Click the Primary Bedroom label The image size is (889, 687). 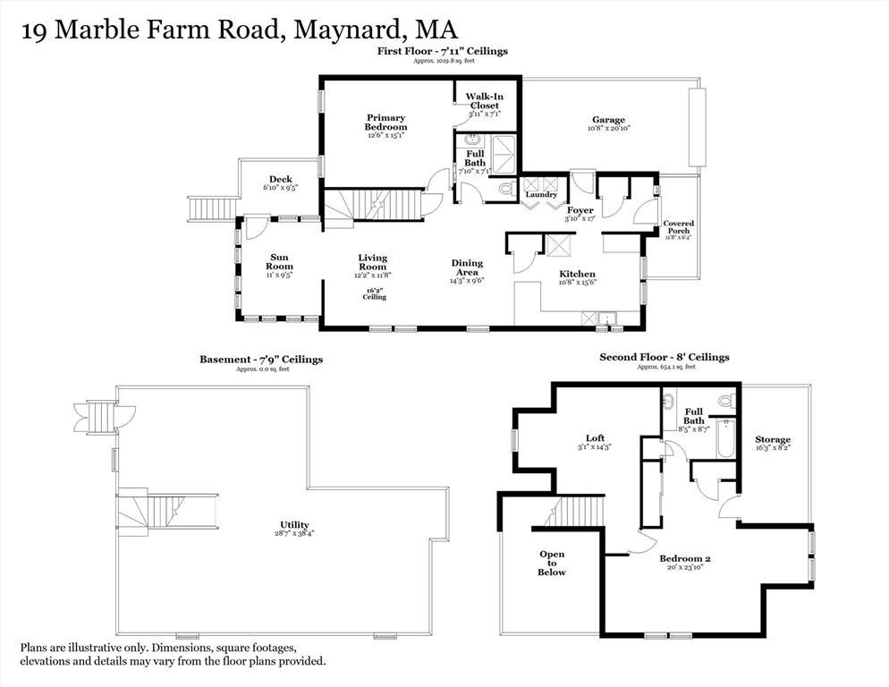tap(385, 123)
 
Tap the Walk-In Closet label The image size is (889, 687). tap(484, 100)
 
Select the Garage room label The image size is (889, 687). tap(608, 120)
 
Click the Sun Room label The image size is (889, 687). tap(280, 261)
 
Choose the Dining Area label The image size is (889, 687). tap(466, 267)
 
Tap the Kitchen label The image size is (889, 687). tap(577, 274)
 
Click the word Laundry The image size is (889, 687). tap(541, 194)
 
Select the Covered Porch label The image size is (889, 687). tap(678, 227)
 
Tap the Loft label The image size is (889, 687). tap(595, 438)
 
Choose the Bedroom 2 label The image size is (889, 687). tap(685, 558)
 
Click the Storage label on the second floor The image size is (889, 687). tap(773, 439)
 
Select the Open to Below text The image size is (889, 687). tap(552, 563)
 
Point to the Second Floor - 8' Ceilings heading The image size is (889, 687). tap(664, 357)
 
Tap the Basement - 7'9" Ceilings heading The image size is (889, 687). tap(261, 360)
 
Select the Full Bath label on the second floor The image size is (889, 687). tap(694, 416)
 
